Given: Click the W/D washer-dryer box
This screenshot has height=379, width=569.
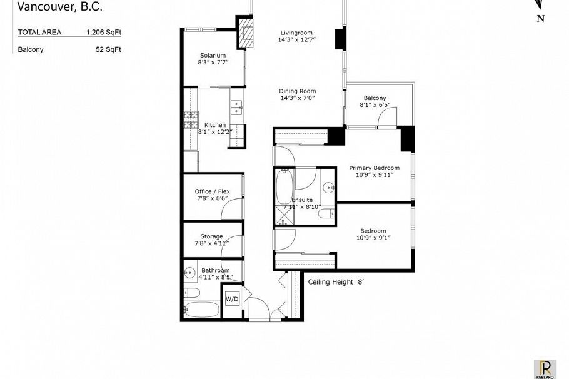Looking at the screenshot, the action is click(232, 300).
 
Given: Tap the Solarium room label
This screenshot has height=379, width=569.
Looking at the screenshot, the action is click(213, 55).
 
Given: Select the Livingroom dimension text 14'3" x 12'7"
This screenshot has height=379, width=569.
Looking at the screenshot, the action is click(297, 39).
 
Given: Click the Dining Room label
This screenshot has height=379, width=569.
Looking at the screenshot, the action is click(297, 91).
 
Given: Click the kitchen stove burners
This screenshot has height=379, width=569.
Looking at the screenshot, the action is click(191, 120).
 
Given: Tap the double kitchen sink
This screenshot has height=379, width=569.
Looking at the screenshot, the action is click(236, 108).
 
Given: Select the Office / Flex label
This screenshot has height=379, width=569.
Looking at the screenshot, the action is click(213, 191).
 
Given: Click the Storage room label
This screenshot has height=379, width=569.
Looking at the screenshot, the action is click(211, 236).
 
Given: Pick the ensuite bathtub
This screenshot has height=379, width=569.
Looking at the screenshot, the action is click(284, 187).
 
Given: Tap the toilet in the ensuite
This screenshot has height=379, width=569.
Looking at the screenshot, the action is click(326, 213).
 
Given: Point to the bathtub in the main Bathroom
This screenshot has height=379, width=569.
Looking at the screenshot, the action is click(202, 310).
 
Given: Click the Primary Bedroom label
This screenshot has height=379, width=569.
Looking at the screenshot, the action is click(374, 168).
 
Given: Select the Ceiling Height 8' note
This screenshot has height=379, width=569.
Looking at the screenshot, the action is click(336, 281).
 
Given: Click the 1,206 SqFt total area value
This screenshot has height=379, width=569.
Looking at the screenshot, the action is click(103, 32).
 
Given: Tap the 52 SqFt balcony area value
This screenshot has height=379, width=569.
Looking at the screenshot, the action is click(108, 49).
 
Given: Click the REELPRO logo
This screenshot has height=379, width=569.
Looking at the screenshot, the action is click(545, 369).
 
